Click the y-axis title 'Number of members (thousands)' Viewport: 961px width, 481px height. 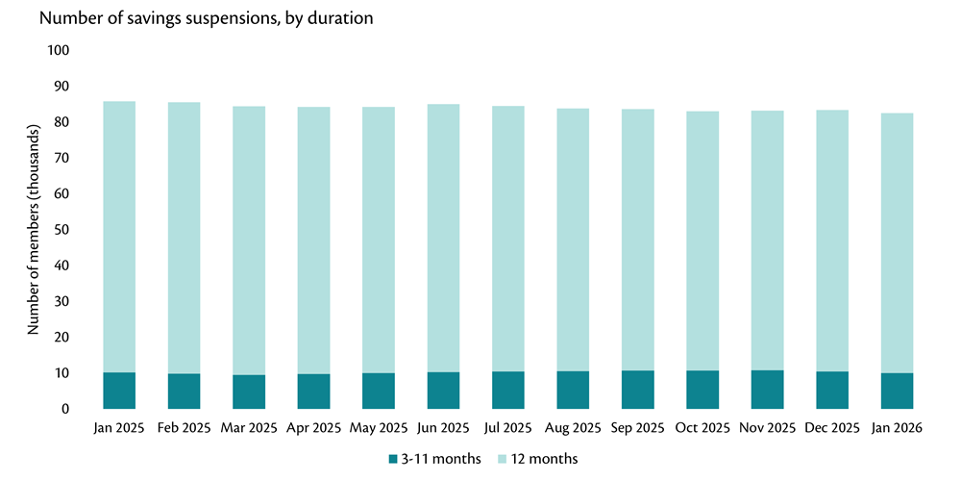pos(34,229)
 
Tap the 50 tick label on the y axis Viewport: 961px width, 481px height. pos(62,230)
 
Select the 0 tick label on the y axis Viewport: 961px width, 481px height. pos(65,409)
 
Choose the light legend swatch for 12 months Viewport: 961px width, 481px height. pos(501,459)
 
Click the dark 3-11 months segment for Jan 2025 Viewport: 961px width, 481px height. pos(119,391)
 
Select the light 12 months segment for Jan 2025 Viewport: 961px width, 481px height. pos(119,237)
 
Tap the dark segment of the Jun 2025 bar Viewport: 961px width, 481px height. pos(443,391)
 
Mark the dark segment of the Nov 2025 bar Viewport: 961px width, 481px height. pos(767,390)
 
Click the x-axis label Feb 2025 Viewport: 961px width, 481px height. pos(184,427)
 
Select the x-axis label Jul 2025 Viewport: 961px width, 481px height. pos(507,427)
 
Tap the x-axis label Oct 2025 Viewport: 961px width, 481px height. pos(702,427)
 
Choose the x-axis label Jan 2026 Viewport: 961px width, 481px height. pos(897,427)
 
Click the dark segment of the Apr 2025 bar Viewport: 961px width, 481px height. pos(313,392)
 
